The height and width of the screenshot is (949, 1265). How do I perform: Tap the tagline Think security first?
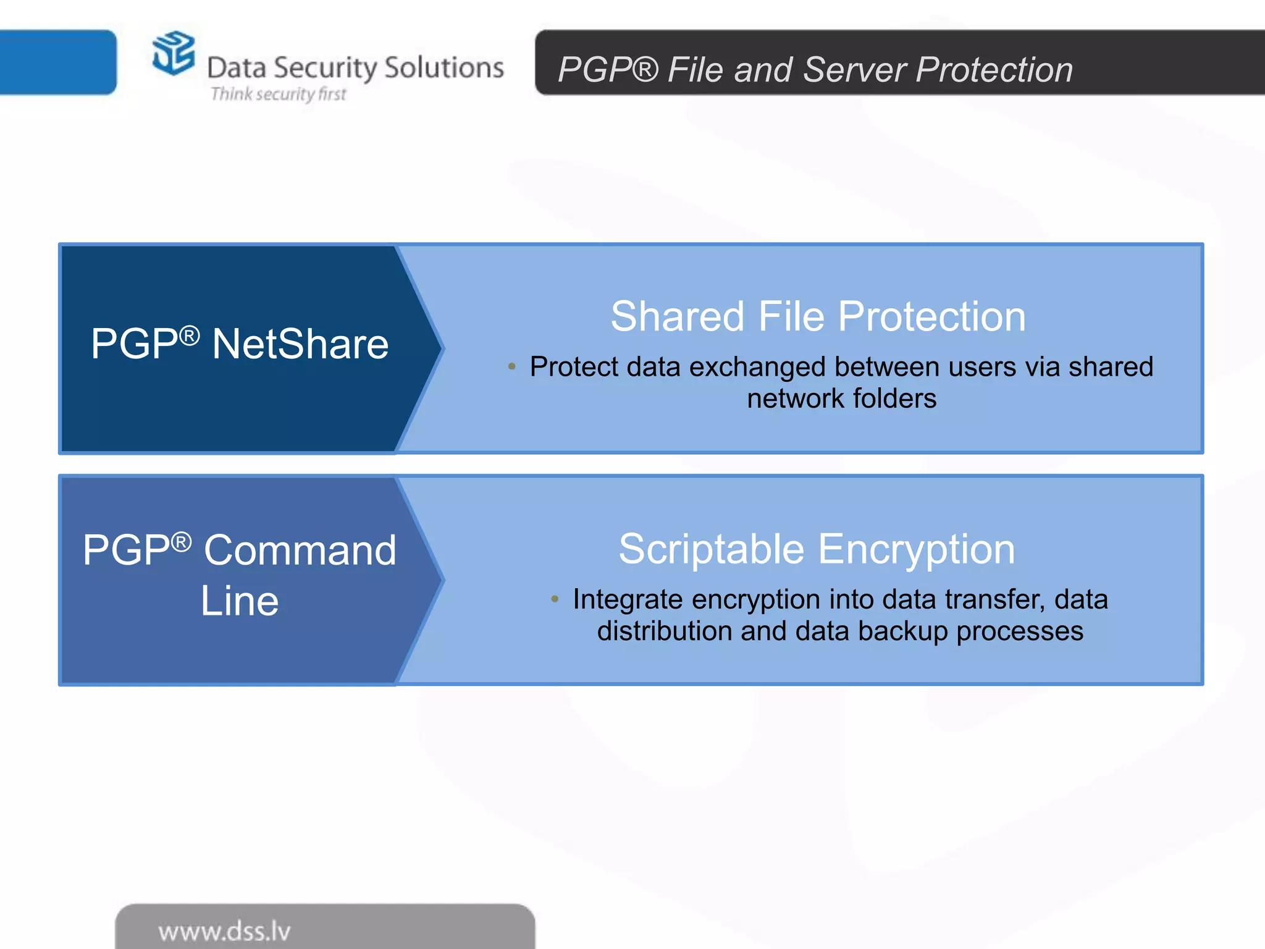click(278, 94)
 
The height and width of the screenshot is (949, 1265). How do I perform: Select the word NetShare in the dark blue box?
click(300, 344)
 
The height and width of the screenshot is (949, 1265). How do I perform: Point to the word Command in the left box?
click(300, 550)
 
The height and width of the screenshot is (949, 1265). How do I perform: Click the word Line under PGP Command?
click(240, 601)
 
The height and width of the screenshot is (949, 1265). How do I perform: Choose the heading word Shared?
click(677, 316)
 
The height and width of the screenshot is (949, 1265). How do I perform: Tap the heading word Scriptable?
click(712, 549)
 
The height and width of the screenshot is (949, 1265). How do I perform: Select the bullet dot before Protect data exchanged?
click(511, 367)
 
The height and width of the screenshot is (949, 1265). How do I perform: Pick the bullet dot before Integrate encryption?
click(555, 599)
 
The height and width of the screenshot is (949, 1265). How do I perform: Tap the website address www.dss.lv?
click(224, 931)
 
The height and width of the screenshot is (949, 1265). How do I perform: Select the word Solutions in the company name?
click(443, 67)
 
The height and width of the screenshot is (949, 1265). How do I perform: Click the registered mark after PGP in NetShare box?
click(190, 335)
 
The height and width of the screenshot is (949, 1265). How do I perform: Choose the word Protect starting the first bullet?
click(574, 367)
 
